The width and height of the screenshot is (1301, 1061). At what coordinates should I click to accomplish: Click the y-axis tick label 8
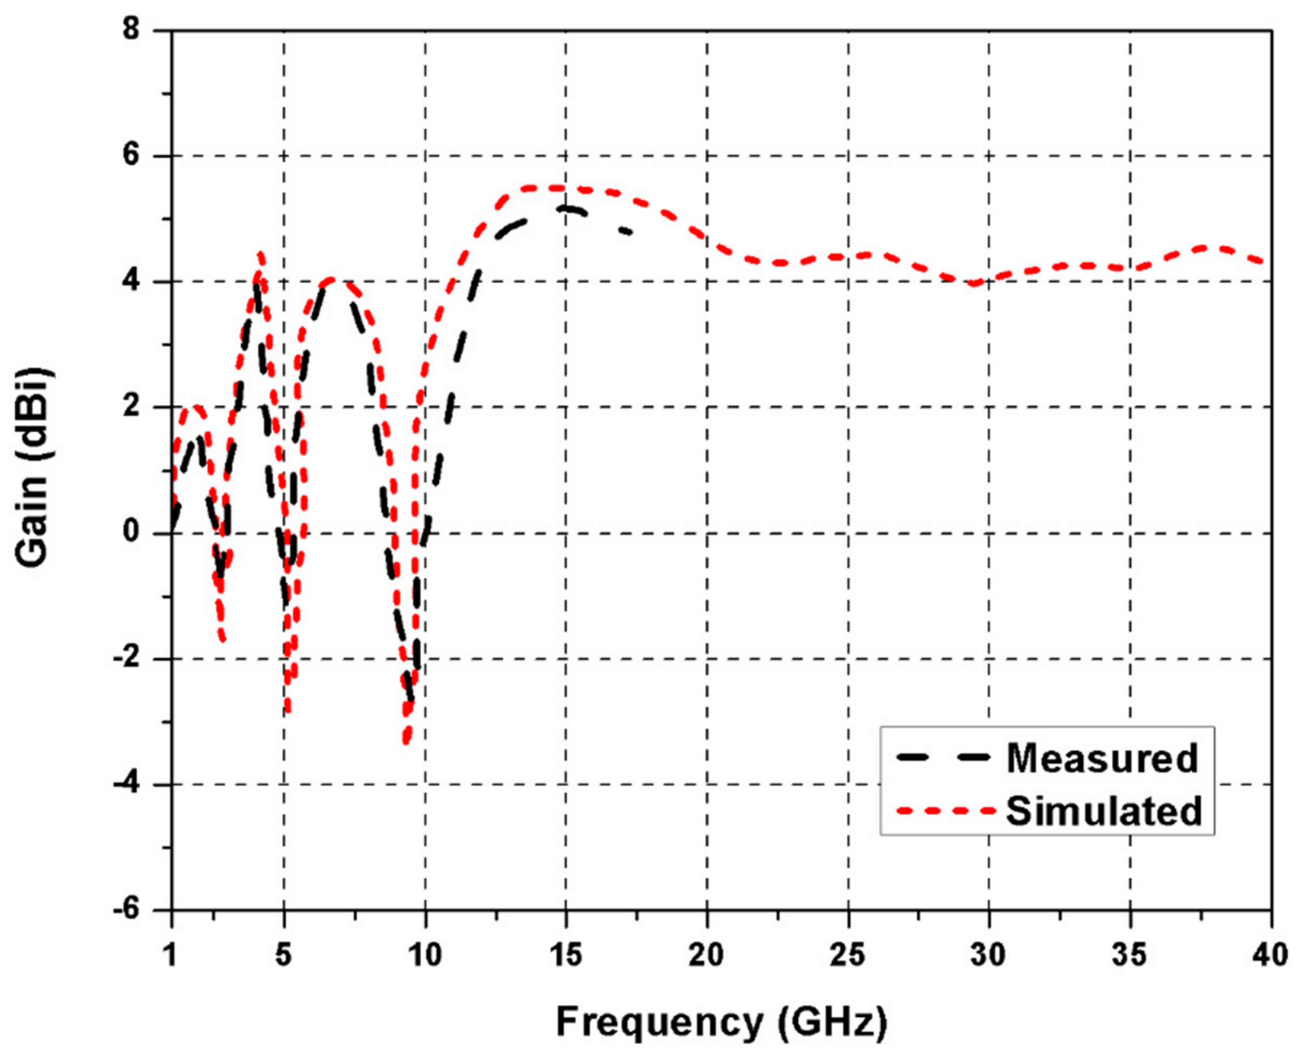(x=131, y=29)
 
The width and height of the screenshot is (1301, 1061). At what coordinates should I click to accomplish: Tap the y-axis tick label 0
(x=131, y=532)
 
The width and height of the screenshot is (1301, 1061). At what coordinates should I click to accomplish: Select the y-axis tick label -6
(x=127, y=910)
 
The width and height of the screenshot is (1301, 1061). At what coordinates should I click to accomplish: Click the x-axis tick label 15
(x=566, y=955)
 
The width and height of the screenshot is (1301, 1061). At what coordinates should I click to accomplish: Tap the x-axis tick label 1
(x=170, y=955)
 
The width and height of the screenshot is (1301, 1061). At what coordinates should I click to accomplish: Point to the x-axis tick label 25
(x=848, y=955)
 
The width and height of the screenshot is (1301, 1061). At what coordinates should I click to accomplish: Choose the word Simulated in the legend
(x=1104, y=811)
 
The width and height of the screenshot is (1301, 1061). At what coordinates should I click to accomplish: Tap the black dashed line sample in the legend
(x=942, y=757)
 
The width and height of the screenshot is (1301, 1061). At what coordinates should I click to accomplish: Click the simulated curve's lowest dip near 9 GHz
(x=406, y=741)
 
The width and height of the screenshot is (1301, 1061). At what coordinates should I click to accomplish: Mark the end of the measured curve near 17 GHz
(x=630, y=232)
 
